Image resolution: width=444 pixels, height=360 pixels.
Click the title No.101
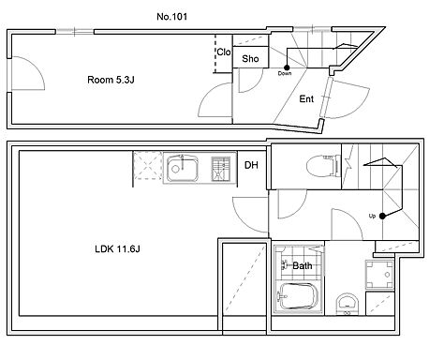click(x=172, y=17)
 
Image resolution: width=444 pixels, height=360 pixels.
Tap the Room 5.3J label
click(x=111, y=80)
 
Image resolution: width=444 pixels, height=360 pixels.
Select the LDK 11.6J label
click(x=117, y=249)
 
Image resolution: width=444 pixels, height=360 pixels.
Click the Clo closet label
click(x=224, y=52)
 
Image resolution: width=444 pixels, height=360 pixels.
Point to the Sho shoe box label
click(x=250, y=58)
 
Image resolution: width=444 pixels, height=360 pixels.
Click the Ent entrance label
click(x=306, y=99)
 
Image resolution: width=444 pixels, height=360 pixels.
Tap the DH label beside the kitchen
click(x=251, y=165)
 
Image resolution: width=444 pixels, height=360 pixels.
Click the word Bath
click(x=303, y=266)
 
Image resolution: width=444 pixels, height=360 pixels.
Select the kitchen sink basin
click(x=183, y=169)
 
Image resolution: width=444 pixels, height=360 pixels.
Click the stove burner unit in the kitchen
click(x=221, y=169)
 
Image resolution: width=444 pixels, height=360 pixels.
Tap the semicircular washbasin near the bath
click(x=347, y=303)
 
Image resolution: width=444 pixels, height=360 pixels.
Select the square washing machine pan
click(x=379, y=275)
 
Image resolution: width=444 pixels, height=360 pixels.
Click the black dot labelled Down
click(x=287, y=67)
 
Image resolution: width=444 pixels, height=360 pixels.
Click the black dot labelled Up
click(x=382, y=216)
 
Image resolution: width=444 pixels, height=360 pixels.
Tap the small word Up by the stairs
click(x=372, y=216)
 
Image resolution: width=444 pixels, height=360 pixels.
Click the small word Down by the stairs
click(x=285, y=73)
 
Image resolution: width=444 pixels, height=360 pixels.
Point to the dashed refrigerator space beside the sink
click(x=148, y=165)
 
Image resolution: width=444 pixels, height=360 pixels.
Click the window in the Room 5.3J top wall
click(x=75, y=31)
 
